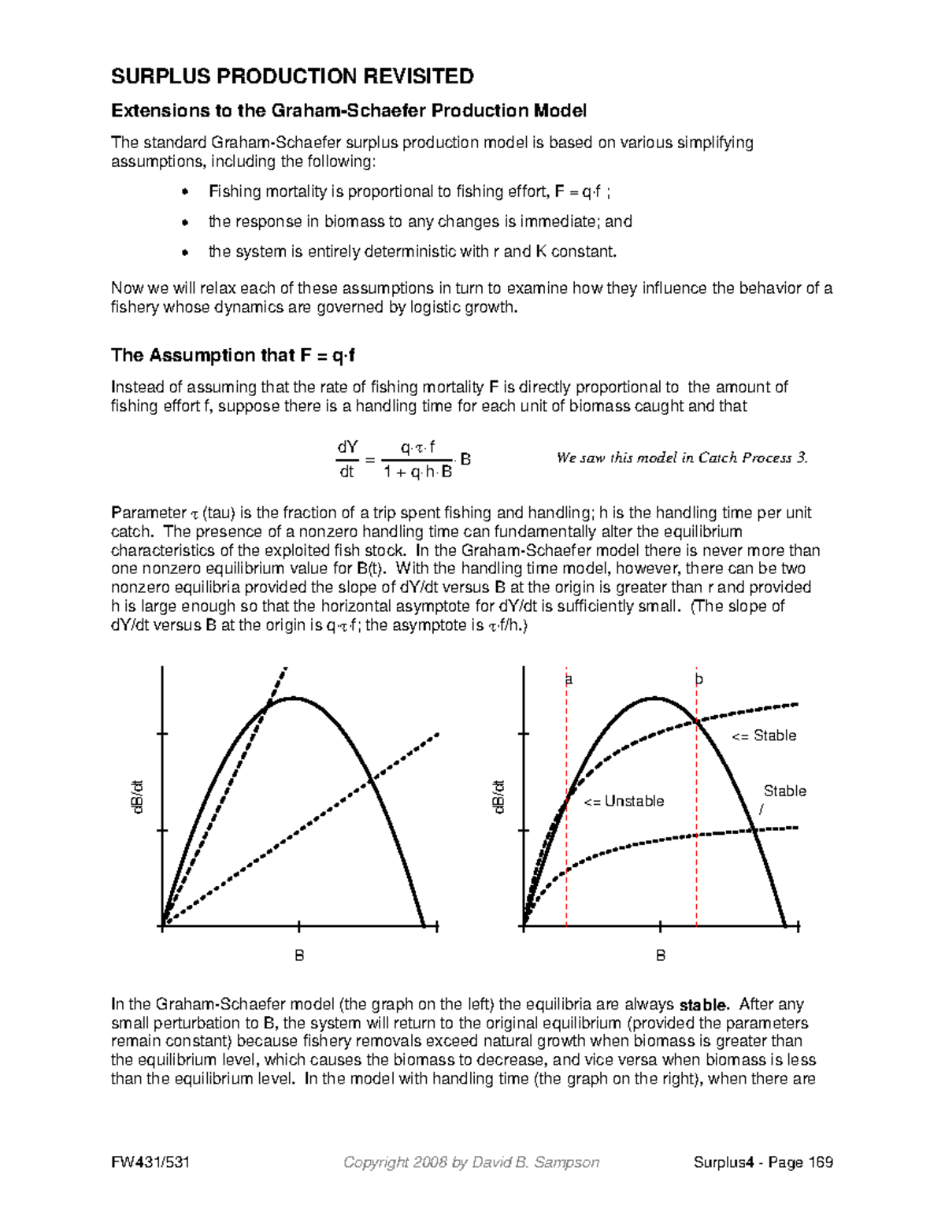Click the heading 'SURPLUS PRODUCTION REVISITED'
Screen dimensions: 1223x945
pos(292,76)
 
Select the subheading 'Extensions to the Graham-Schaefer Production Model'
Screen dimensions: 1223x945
pos(349,111)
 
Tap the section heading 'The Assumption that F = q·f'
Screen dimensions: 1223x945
pos(233,355)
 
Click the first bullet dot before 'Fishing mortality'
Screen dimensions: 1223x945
pos(185,192)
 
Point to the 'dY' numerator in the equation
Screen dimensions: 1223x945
pos(346,447)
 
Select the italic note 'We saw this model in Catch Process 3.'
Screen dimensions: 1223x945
pos(682,458)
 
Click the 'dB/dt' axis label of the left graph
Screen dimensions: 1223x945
pos(138,797)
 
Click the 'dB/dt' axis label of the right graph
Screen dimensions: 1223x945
pos(499,797)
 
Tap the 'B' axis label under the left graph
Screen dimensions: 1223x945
pos(299,955)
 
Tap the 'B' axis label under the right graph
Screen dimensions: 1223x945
pos(661,955)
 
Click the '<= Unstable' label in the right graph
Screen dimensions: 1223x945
pos(624,802)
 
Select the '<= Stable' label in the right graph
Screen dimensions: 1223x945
pos(764,736)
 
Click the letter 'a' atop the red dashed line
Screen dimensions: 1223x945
pos(568,679)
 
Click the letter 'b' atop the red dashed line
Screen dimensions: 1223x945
pos(698,679)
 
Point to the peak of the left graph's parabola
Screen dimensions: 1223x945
pos(294,698)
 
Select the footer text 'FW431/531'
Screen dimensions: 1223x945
pos(150,1162)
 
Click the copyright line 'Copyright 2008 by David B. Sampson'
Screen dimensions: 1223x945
pos(472,1162)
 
